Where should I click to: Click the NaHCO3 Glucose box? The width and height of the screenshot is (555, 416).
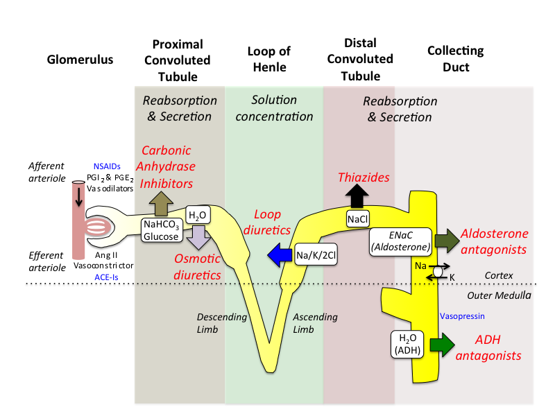pos(162,230)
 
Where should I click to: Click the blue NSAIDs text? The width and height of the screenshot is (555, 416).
pos(108,166)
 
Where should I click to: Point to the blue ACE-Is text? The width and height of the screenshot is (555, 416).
pos(107,276)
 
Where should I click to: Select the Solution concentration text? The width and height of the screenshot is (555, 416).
pos(274,107)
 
